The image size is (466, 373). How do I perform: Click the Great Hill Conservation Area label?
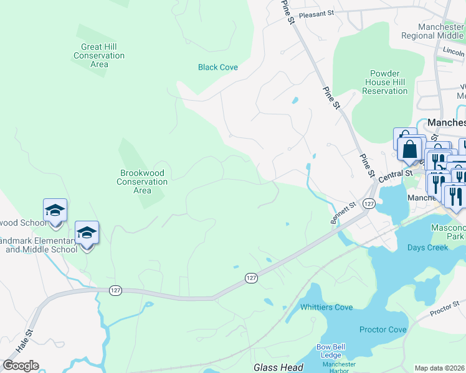click(x=99, y=55)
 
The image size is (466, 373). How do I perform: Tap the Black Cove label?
click(x=218, y=67)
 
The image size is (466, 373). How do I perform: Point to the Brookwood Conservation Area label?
click(x=143, y=182)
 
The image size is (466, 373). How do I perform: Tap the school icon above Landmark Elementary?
click(x=87, y=233)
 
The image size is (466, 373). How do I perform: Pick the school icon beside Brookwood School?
click(x=55, y=211)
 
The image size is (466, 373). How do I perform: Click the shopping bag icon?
click(x=410, y=149)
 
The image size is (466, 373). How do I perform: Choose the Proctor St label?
click(x=444, y=308)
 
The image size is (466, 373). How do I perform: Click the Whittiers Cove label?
click(x=326, y=307)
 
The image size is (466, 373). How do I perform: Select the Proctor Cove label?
click(x=383, y=329)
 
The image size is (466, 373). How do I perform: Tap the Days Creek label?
click(x=428, y=247)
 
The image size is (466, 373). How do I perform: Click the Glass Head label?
click(x=278, y=367)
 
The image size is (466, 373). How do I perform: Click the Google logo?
click(x=21, y=366)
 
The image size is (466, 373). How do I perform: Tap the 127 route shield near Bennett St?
click(x=369, y=204)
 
